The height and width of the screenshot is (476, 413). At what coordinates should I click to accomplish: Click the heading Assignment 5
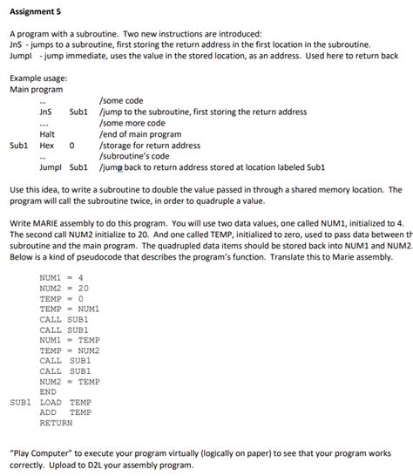click(36, 11)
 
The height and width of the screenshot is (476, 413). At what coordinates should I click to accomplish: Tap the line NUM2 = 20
click(64, 288)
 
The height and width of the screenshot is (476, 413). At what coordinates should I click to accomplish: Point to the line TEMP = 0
click(60, 298)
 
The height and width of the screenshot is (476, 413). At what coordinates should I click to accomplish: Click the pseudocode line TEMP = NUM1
click(70, 309)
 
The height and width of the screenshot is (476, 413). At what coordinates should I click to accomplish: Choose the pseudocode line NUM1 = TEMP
click(70, 339)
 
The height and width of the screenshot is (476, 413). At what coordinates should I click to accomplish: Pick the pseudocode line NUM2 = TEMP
click(70, 381)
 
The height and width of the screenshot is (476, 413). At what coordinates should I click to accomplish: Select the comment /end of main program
click(141, 134)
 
